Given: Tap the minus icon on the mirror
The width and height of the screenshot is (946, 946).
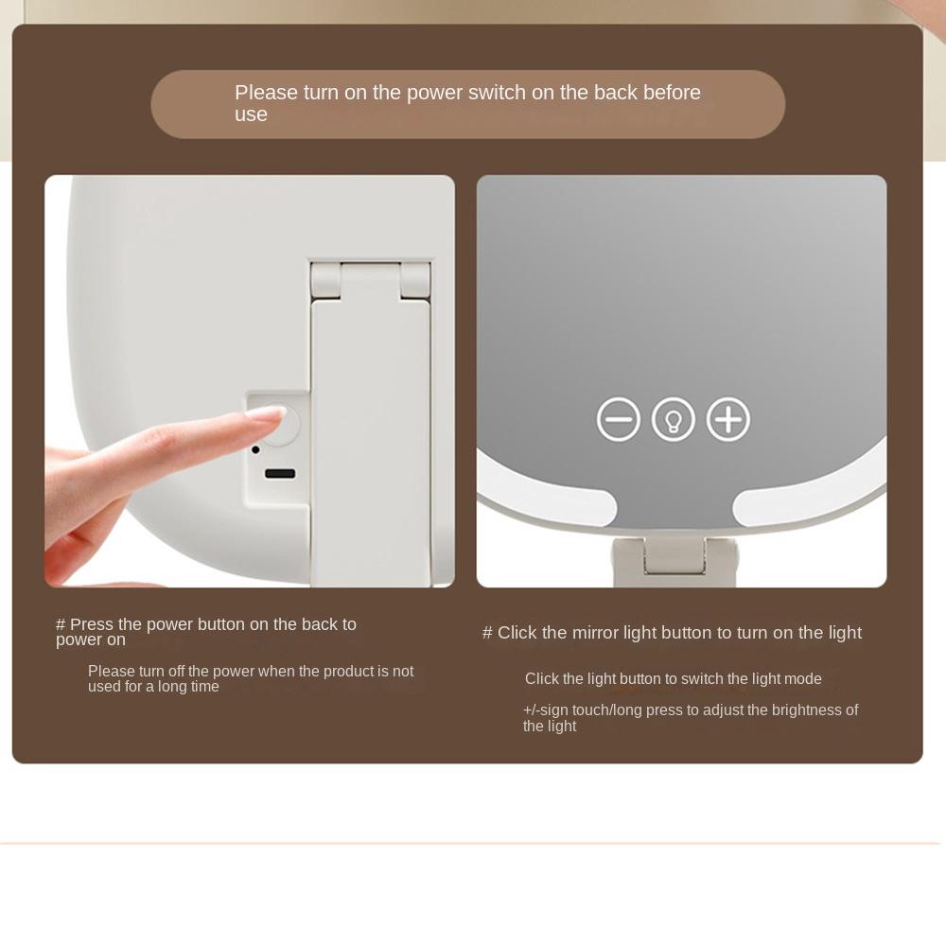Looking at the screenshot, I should (x=619, y=420).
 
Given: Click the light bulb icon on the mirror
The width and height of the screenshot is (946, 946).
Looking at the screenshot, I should (x=674, y=420).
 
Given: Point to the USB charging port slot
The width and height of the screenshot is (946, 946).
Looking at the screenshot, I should (x=280, y=473).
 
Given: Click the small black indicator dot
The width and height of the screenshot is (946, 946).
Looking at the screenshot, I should (x=255, y=449).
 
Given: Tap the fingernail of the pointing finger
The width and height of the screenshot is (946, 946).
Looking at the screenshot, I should (x=266, y=413).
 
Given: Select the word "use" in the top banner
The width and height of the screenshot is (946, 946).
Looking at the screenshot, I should (x=251, y=114).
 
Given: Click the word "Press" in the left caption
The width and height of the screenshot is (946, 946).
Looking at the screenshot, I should (x=91, y=624).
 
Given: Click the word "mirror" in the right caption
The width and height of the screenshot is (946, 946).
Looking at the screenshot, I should (x=596, y=633).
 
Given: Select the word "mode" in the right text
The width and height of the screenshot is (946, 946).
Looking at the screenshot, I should (x=802, y=679).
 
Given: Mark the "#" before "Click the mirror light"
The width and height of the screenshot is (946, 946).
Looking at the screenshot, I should (x=487, y=633).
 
